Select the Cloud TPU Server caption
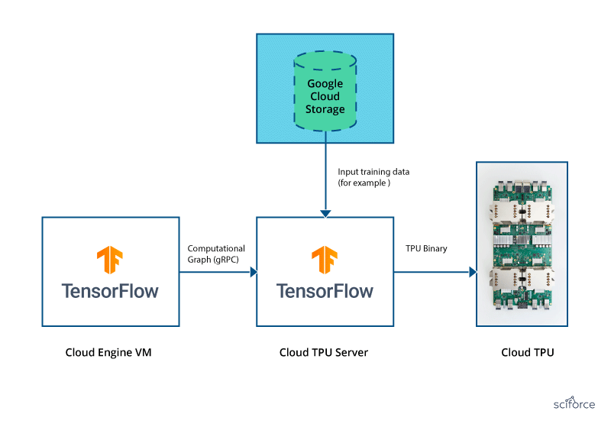click(x=325, y=353)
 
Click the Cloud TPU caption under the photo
click(x=527, y=353)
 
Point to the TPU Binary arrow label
click(x=426, y=249)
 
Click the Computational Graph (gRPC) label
click(x=216, y=254)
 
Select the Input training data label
click(x=369, y=178)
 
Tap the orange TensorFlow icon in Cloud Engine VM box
click(x=110, y=260)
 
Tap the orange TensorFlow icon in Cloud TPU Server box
click(x=325, y=260)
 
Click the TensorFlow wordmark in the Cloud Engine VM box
click(x=110, y=292)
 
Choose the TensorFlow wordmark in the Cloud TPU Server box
click(x=325, y=292)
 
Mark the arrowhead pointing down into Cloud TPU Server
click(x=325, y=212)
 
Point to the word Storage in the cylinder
click(x=325, y=109)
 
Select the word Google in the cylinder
click(x=325, y=83)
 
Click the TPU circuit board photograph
click(x=527, y=244)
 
